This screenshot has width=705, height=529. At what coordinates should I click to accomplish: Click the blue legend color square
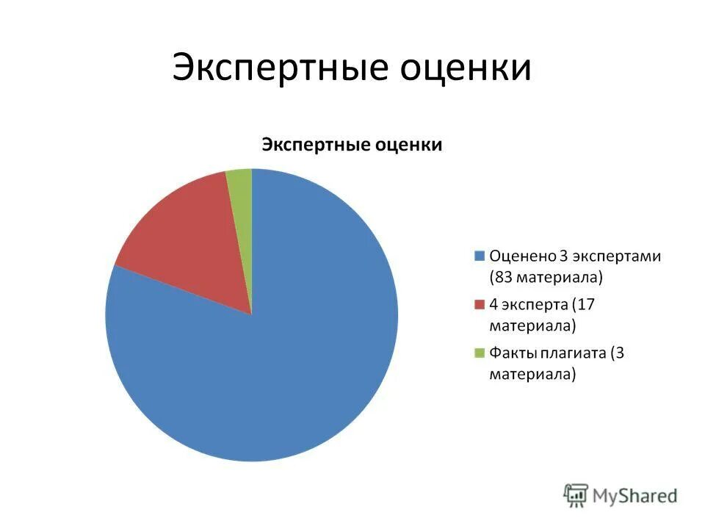click(480, 256)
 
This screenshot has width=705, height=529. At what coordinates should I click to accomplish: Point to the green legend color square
click(480, 353)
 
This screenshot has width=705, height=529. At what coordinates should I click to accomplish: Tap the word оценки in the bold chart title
click(408, 144)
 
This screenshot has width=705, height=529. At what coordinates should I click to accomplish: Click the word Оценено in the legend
click(522, 256)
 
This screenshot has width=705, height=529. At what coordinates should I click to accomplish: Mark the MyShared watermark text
click(635, 495)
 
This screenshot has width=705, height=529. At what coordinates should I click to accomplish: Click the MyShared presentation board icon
click(576, 495)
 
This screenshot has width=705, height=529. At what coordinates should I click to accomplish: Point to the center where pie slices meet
click(252, 314)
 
